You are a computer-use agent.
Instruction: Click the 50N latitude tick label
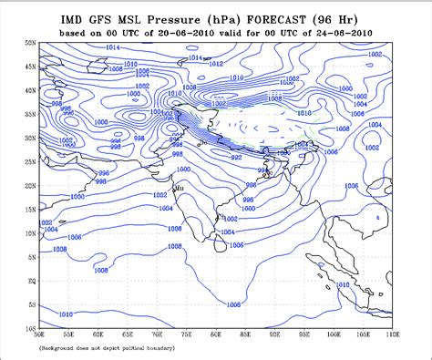31,43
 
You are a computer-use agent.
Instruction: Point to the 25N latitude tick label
31,162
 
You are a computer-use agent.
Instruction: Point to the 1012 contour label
215,64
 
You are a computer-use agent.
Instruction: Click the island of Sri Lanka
220,242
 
